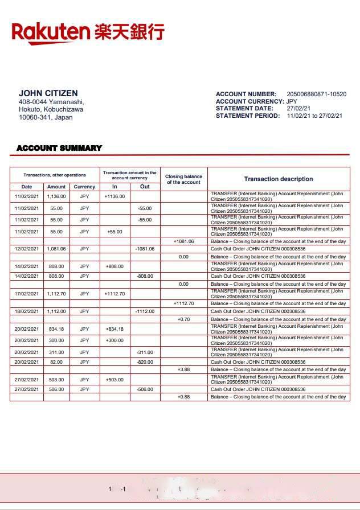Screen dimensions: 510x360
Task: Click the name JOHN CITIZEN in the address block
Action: point(48,93)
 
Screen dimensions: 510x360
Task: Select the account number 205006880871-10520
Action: point(316,94)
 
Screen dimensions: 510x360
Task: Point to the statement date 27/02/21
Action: point(298,108)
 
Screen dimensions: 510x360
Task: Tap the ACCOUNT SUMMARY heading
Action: point(59,148)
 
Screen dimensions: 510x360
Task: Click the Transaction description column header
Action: point(279,179)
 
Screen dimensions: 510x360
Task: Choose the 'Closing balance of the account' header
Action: point(183,179)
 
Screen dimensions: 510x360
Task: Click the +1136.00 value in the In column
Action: point(114,196)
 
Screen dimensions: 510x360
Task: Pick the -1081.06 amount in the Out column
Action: point(145,249)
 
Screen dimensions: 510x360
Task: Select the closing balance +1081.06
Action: point(183,241)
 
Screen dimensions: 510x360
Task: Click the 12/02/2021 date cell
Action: point(26,249)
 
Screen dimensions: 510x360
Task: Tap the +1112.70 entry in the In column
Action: point(114,294)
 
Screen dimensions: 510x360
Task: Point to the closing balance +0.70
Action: point(183,319)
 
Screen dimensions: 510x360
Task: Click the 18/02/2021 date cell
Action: point(26,311)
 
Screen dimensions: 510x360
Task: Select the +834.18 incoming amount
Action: point(114,329)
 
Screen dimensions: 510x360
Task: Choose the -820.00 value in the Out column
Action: point(145,362)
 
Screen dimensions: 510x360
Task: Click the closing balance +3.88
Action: point(183,369)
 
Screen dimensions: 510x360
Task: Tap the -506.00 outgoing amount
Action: point(145,389)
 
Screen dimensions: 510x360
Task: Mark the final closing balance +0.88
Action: point(183,397)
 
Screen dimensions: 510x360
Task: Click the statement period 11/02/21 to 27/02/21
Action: point(314,116)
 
